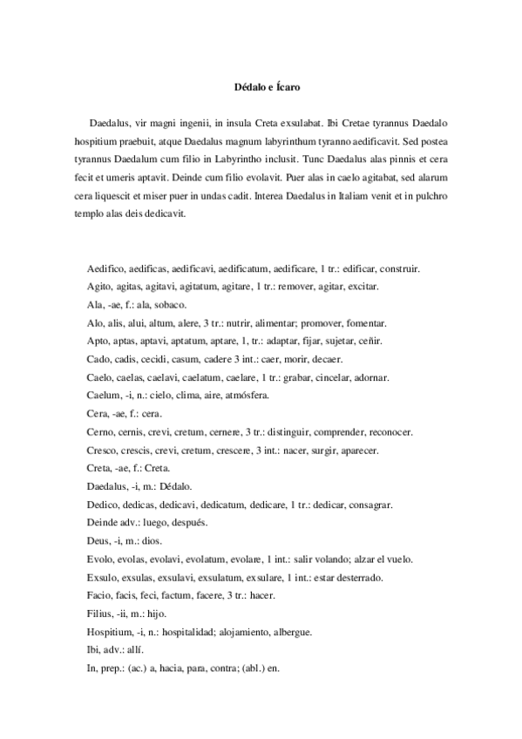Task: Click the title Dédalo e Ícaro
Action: (x=261, y=87)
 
